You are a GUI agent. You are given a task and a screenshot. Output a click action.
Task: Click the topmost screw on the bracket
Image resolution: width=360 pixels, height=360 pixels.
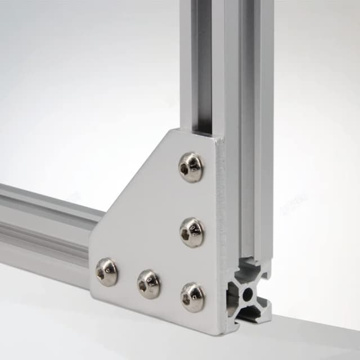click(x=191, y=167)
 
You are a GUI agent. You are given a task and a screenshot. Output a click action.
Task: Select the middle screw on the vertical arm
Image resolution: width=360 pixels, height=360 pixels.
click(x=192, y=232)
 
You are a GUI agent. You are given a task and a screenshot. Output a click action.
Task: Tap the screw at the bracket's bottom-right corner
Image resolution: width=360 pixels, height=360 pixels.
click(x=192, y=296)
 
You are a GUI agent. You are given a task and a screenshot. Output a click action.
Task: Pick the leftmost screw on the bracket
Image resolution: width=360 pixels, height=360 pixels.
click(x=106, y=272)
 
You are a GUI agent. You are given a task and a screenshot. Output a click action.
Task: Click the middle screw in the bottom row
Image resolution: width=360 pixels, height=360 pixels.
click(x=149, y=283)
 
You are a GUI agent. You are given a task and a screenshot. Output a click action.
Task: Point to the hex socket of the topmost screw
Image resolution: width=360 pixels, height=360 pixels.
click(x=188, y=167)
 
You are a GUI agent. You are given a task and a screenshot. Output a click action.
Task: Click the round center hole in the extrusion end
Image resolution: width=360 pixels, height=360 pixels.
click(x=248, y=292)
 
